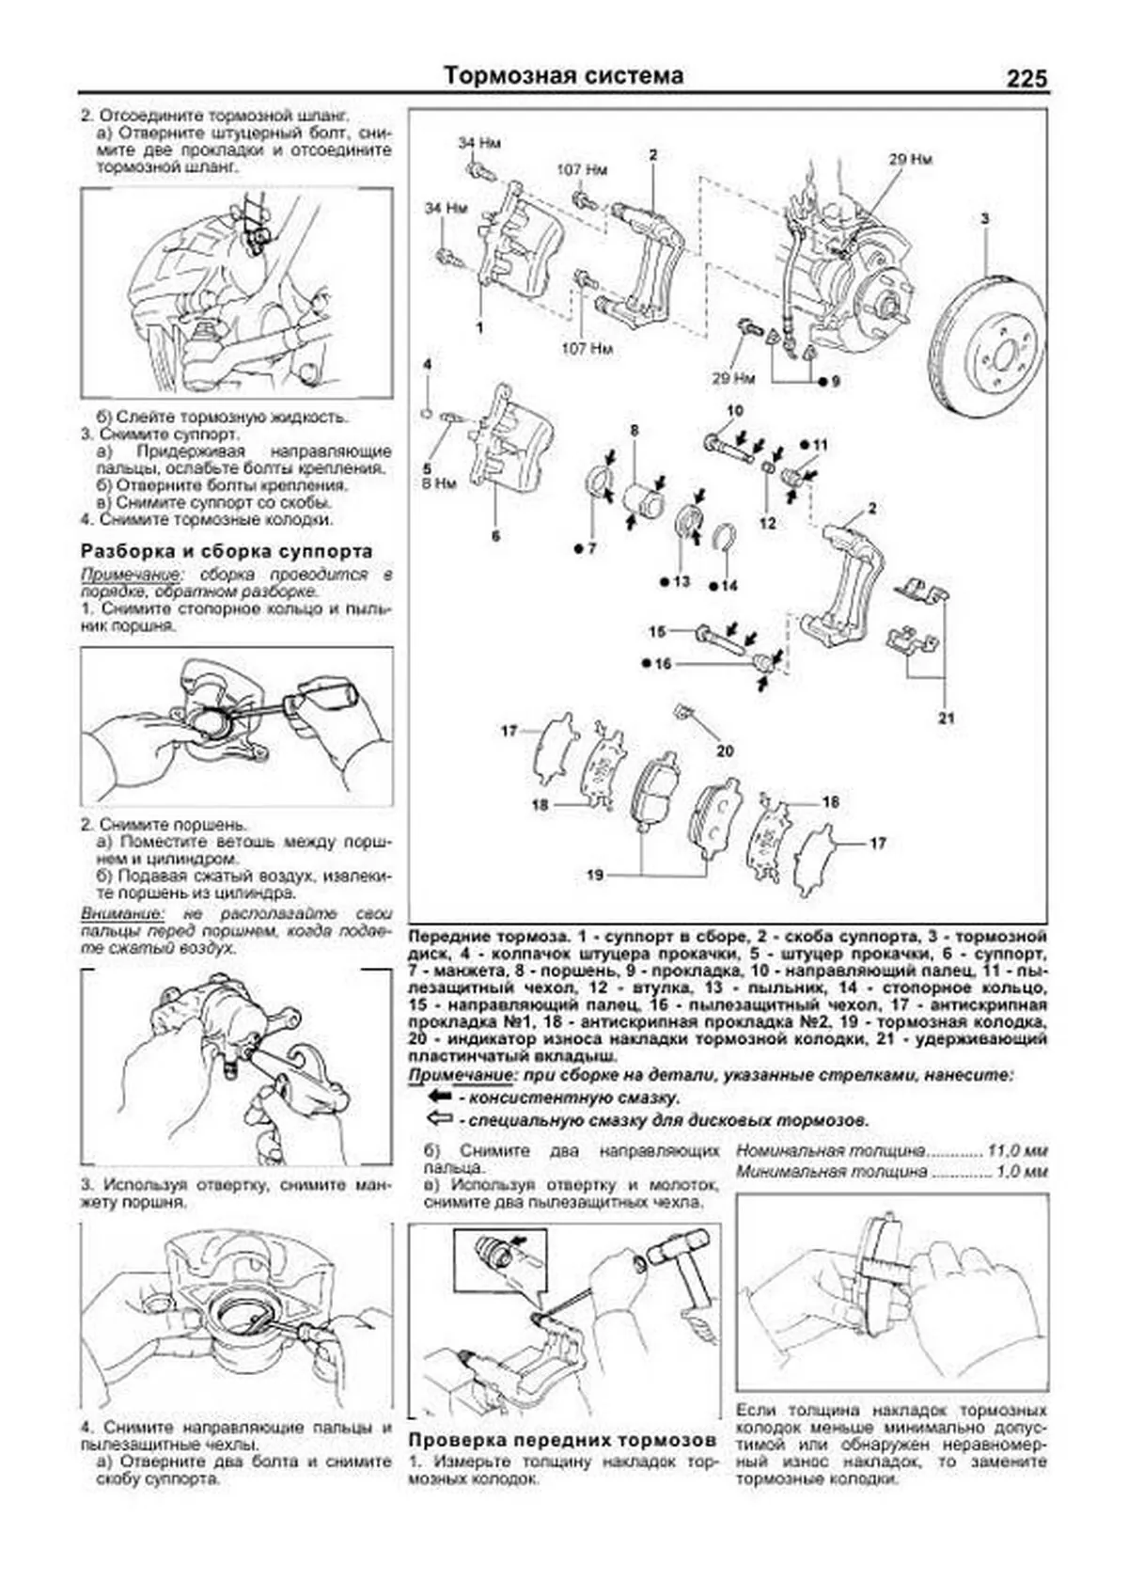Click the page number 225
(x=1026, y=79)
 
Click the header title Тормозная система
(x=563, y=75)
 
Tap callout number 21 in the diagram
(x=946, y=718)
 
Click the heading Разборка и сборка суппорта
(x=227, y=551)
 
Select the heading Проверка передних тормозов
(x=562, y=1441)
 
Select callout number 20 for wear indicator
(x=725, y=751)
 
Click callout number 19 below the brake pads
(x=595, y=876)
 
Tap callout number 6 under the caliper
(x=495, y=536)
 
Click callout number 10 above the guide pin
(x=734, y=411)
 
